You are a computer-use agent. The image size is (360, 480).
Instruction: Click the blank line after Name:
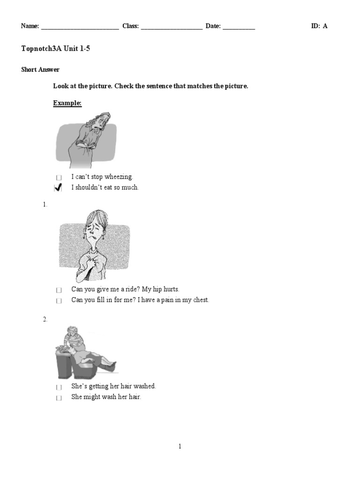[80, 27]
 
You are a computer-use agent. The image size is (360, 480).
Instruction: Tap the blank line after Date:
[239, 27]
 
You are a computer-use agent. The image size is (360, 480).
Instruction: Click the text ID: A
[319, 26]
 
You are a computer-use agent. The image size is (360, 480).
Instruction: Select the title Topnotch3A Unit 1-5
[55, 49]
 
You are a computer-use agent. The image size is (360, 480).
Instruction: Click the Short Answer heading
[40, 70]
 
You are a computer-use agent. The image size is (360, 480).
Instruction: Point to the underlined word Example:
[67, 103]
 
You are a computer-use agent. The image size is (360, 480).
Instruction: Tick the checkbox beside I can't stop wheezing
[59, 178]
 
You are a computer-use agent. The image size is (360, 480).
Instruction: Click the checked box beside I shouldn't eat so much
[59, 188]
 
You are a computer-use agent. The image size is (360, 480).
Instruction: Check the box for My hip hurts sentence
[59, 290]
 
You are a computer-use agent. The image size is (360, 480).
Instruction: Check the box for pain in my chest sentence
[59, 301]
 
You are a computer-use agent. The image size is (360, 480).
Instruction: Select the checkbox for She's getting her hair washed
[59, 387]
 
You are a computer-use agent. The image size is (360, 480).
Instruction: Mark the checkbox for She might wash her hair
[59, 398]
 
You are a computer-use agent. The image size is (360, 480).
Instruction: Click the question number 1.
[45, 205]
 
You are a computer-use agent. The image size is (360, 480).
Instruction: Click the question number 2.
[45, 319]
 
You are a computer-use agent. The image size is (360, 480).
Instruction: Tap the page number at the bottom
[180, 447]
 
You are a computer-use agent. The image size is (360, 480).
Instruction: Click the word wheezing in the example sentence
[119, 177]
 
